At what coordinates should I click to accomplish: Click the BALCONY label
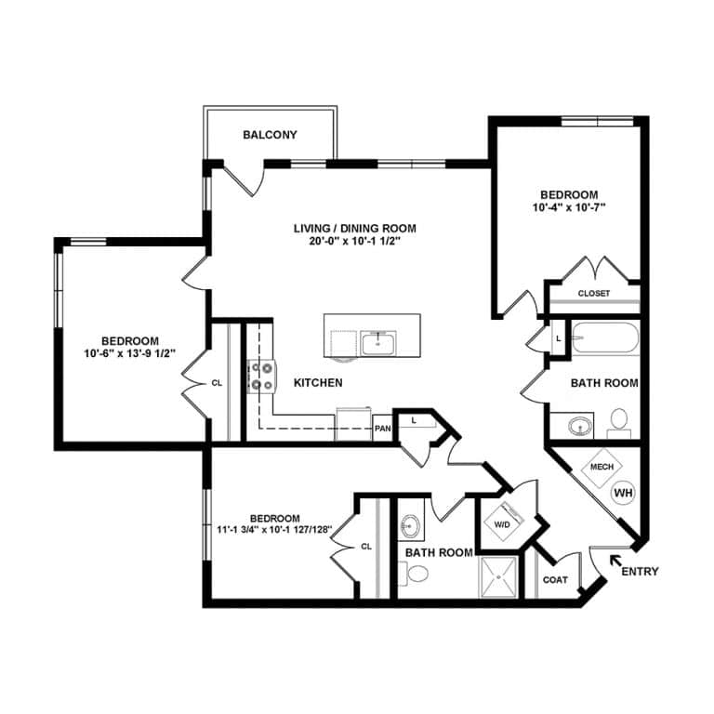click(270, 135)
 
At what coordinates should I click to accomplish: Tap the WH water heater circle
click(623, 491)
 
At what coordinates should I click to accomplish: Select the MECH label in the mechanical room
click(601, 467)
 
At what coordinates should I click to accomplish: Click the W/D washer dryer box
click(503, 524)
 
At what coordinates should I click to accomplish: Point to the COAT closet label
click(555, 580)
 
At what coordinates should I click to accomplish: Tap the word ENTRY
click(640, 572)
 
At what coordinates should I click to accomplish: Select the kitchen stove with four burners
click(260, 375)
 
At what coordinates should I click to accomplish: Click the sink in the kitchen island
click(380, 345)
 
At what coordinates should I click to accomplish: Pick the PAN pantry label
click(382, 429)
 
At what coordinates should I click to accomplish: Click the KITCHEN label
click(318, 383)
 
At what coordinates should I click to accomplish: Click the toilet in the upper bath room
click(619, 424)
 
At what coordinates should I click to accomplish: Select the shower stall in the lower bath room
click(499, 578)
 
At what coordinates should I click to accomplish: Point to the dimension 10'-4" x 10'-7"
click(569, 207)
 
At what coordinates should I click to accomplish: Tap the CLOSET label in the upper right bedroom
click(594, 294)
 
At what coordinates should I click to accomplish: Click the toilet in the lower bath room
click(417, 575)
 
